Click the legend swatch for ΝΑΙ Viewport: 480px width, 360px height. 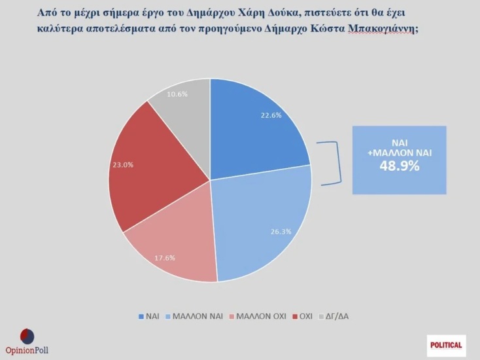pos(141,316)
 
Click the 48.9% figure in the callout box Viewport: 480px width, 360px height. pos(399,166)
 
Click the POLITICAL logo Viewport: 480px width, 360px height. pos(447,344)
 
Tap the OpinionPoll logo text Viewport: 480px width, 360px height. pos(27,350)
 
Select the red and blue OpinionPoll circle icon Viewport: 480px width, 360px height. pos(27,335)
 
